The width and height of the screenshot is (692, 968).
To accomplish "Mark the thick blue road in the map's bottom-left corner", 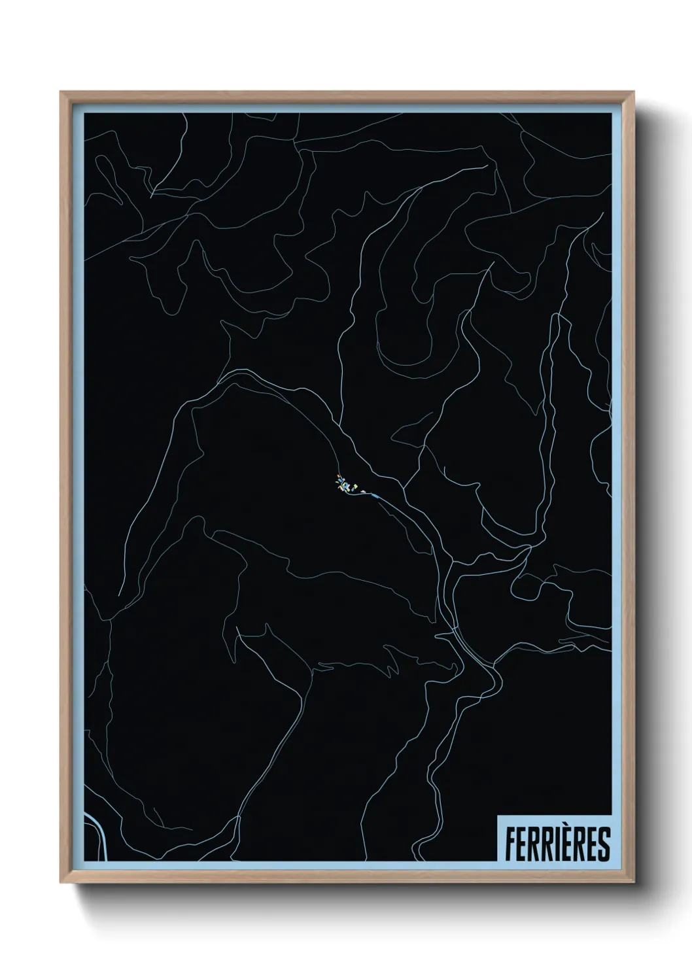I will [x=98, y=831].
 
